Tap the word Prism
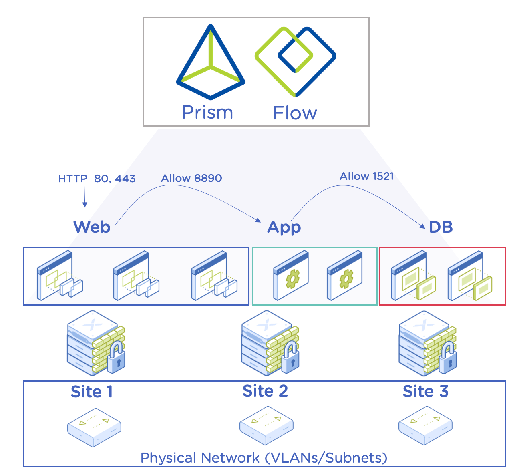(x=207, y=113)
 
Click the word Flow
(x=295, y=113)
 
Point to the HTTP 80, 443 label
(x=97, y=179)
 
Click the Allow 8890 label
(x=191, y=178)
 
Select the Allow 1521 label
(x=366, y=176)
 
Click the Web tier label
(x=92, y=227)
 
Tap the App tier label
(x=284, y=227)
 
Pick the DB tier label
(x=441, y=227)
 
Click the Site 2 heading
(x=265, y=391)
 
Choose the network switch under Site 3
(x=425, y=425)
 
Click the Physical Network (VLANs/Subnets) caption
(x=264, y=457)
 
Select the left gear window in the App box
(x=291, y=276)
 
